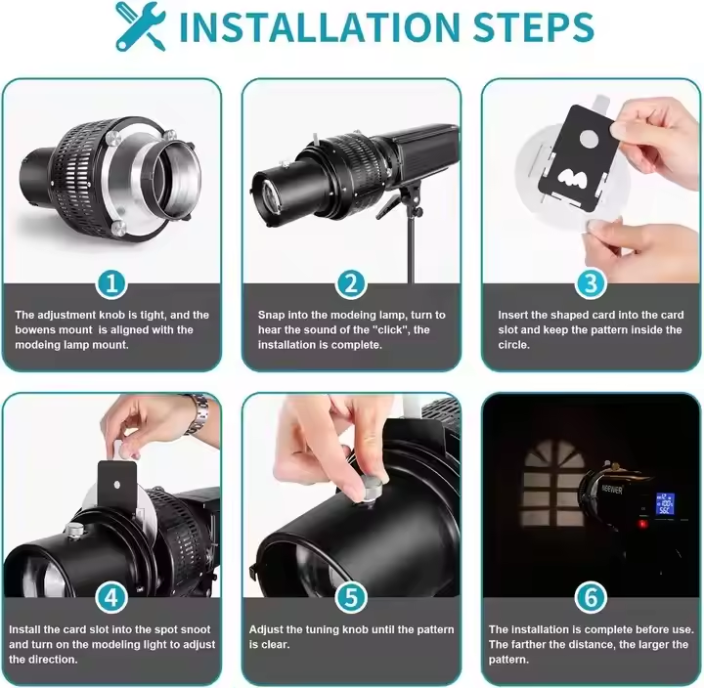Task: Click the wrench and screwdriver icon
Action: (140, 25)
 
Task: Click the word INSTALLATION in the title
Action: (320, 27)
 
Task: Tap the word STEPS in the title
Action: (534, 27)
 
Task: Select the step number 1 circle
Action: (111, 283)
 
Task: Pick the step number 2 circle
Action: (351, 283)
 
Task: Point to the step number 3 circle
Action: (591, 283)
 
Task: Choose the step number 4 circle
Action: (111, 598)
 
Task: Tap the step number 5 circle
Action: (351, 598)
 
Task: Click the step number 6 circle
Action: (591, 598)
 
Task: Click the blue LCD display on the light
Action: (665, 503)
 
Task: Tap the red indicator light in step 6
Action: (643, 523)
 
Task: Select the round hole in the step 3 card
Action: (590, 138)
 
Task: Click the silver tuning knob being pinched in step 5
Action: (372, 488)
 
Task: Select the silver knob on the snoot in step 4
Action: (74, 529)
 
